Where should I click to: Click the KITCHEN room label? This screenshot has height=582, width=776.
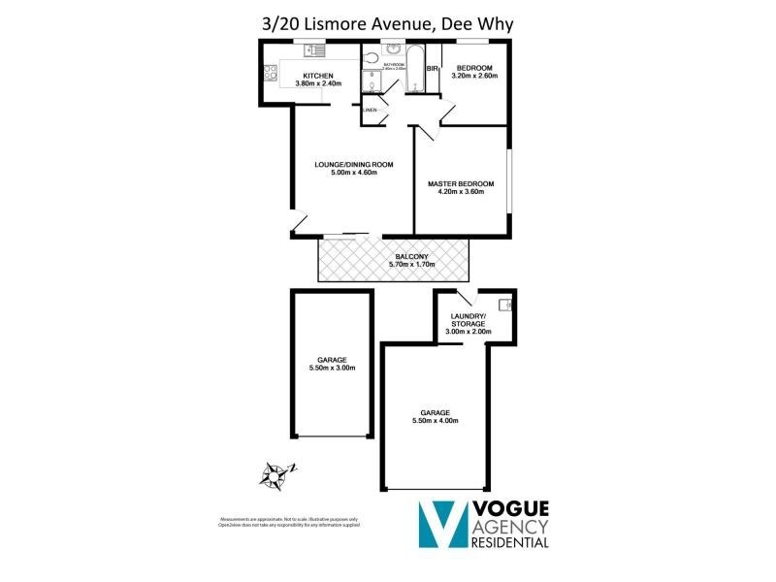(x=318, y=76)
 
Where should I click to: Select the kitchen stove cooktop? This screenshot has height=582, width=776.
(x=269, y=73)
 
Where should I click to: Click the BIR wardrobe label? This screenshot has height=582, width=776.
(x=433, y=69)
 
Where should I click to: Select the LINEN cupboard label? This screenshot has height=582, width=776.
(x=370, y=110)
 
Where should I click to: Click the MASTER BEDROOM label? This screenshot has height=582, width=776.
(x=462, y=184)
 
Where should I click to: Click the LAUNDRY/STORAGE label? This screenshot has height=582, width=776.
(x=469, y=320)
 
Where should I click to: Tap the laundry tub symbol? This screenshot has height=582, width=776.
(x=505, y=306)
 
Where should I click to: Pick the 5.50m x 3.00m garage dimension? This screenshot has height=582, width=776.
(x=331, y=368)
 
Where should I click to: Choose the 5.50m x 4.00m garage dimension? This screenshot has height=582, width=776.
(x=433, y=421)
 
